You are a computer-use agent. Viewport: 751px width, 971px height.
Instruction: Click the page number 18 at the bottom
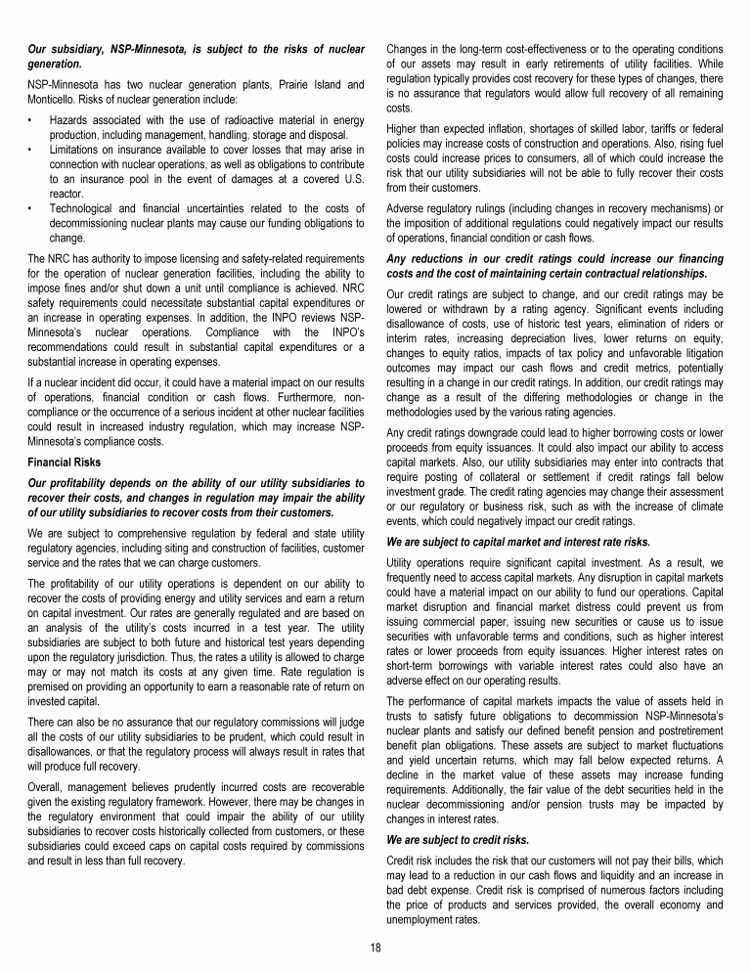point(375,948)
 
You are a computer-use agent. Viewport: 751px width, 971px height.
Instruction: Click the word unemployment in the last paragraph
point(423,920)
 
